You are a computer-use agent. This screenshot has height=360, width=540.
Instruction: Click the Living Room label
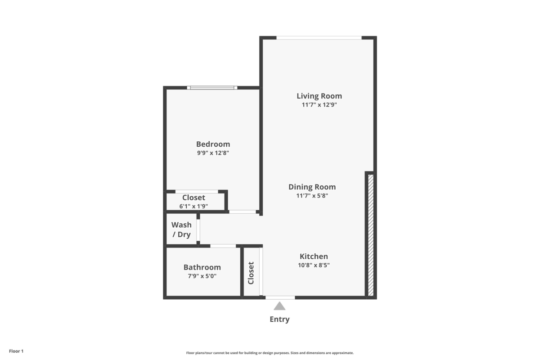tap(319, 96)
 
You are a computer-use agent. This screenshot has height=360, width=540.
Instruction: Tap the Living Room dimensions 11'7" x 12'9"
tap(319, 105)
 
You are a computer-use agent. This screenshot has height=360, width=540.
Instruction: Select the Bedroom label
tap(213, 144)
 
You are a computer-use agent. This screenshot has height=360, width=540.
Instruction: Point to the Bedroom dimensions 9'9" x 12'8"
tap(213, 153)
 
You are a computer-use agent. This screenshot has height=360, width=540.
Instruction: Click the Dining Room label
tap(319, 187)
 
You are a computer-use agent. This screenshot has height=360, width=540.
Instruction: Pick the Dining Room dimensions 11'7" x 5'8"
tap(319, 196)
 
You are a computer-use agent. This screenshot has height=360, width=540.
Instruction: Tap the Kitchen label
tap(314, 256)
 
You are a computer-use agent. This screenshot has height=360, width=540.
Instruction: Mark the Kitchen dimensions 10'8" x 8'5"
tap(314, 265)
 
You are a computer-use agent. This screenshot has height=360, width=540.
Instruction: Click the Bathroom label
tap(202, 267)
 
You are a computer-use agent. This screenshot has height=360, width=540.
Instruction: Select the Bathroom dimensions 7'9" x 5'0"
tap(202, 276)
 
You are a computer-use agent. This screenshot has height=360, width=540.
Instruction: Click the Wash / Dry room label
tap(181, 229)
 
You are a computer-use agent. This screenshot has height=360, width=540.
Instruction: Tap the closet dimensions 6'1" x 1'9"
tap(193, 206)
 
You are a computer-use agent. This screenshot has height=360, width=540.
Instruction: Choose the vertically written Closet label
tap(251, 273)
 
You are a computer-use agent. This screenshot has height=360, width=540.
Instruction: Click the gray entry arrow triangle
tap(279, 306)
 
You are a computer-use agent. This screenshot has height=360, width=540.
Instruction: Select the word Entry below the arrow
tap(279, 319)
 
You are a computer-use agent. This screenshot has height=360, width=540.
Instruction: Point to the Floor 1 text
tap(16, 351)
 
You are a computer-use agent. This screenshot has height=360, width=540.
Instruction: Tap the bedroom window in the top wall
tap(212, 87)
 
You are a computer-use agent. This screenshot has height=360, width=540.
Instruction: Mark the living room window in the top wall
tap(319, 38)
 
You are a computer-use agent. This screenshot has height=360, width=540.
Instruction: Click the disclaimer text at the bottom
tap(270, 353)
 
